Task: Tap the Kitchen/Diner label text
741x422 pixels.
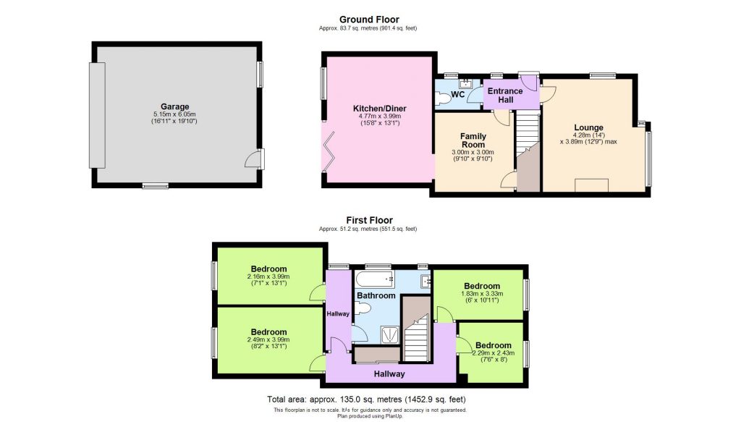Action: [x=381, y=108]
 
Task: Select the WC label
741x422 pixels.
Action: [x=457, y=95]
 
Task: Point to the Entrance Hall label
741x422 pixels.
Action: [x=505, y=95]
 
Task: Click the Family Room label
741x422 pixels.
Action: [x=473, y=140]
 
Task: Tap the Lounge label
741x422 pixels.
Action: [x=589, y=128]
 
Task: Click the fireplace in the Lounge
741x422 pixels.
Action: [x=591, y=186]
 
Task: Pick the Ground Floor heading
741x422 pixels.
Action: [x=369, y=20]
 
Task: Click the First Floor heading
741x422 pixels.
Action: [x=369, y=220]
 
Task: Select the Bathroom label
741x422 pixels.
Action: [x=376, y=295]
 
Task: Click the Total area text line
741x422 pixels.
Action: [x=366, y=399]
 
